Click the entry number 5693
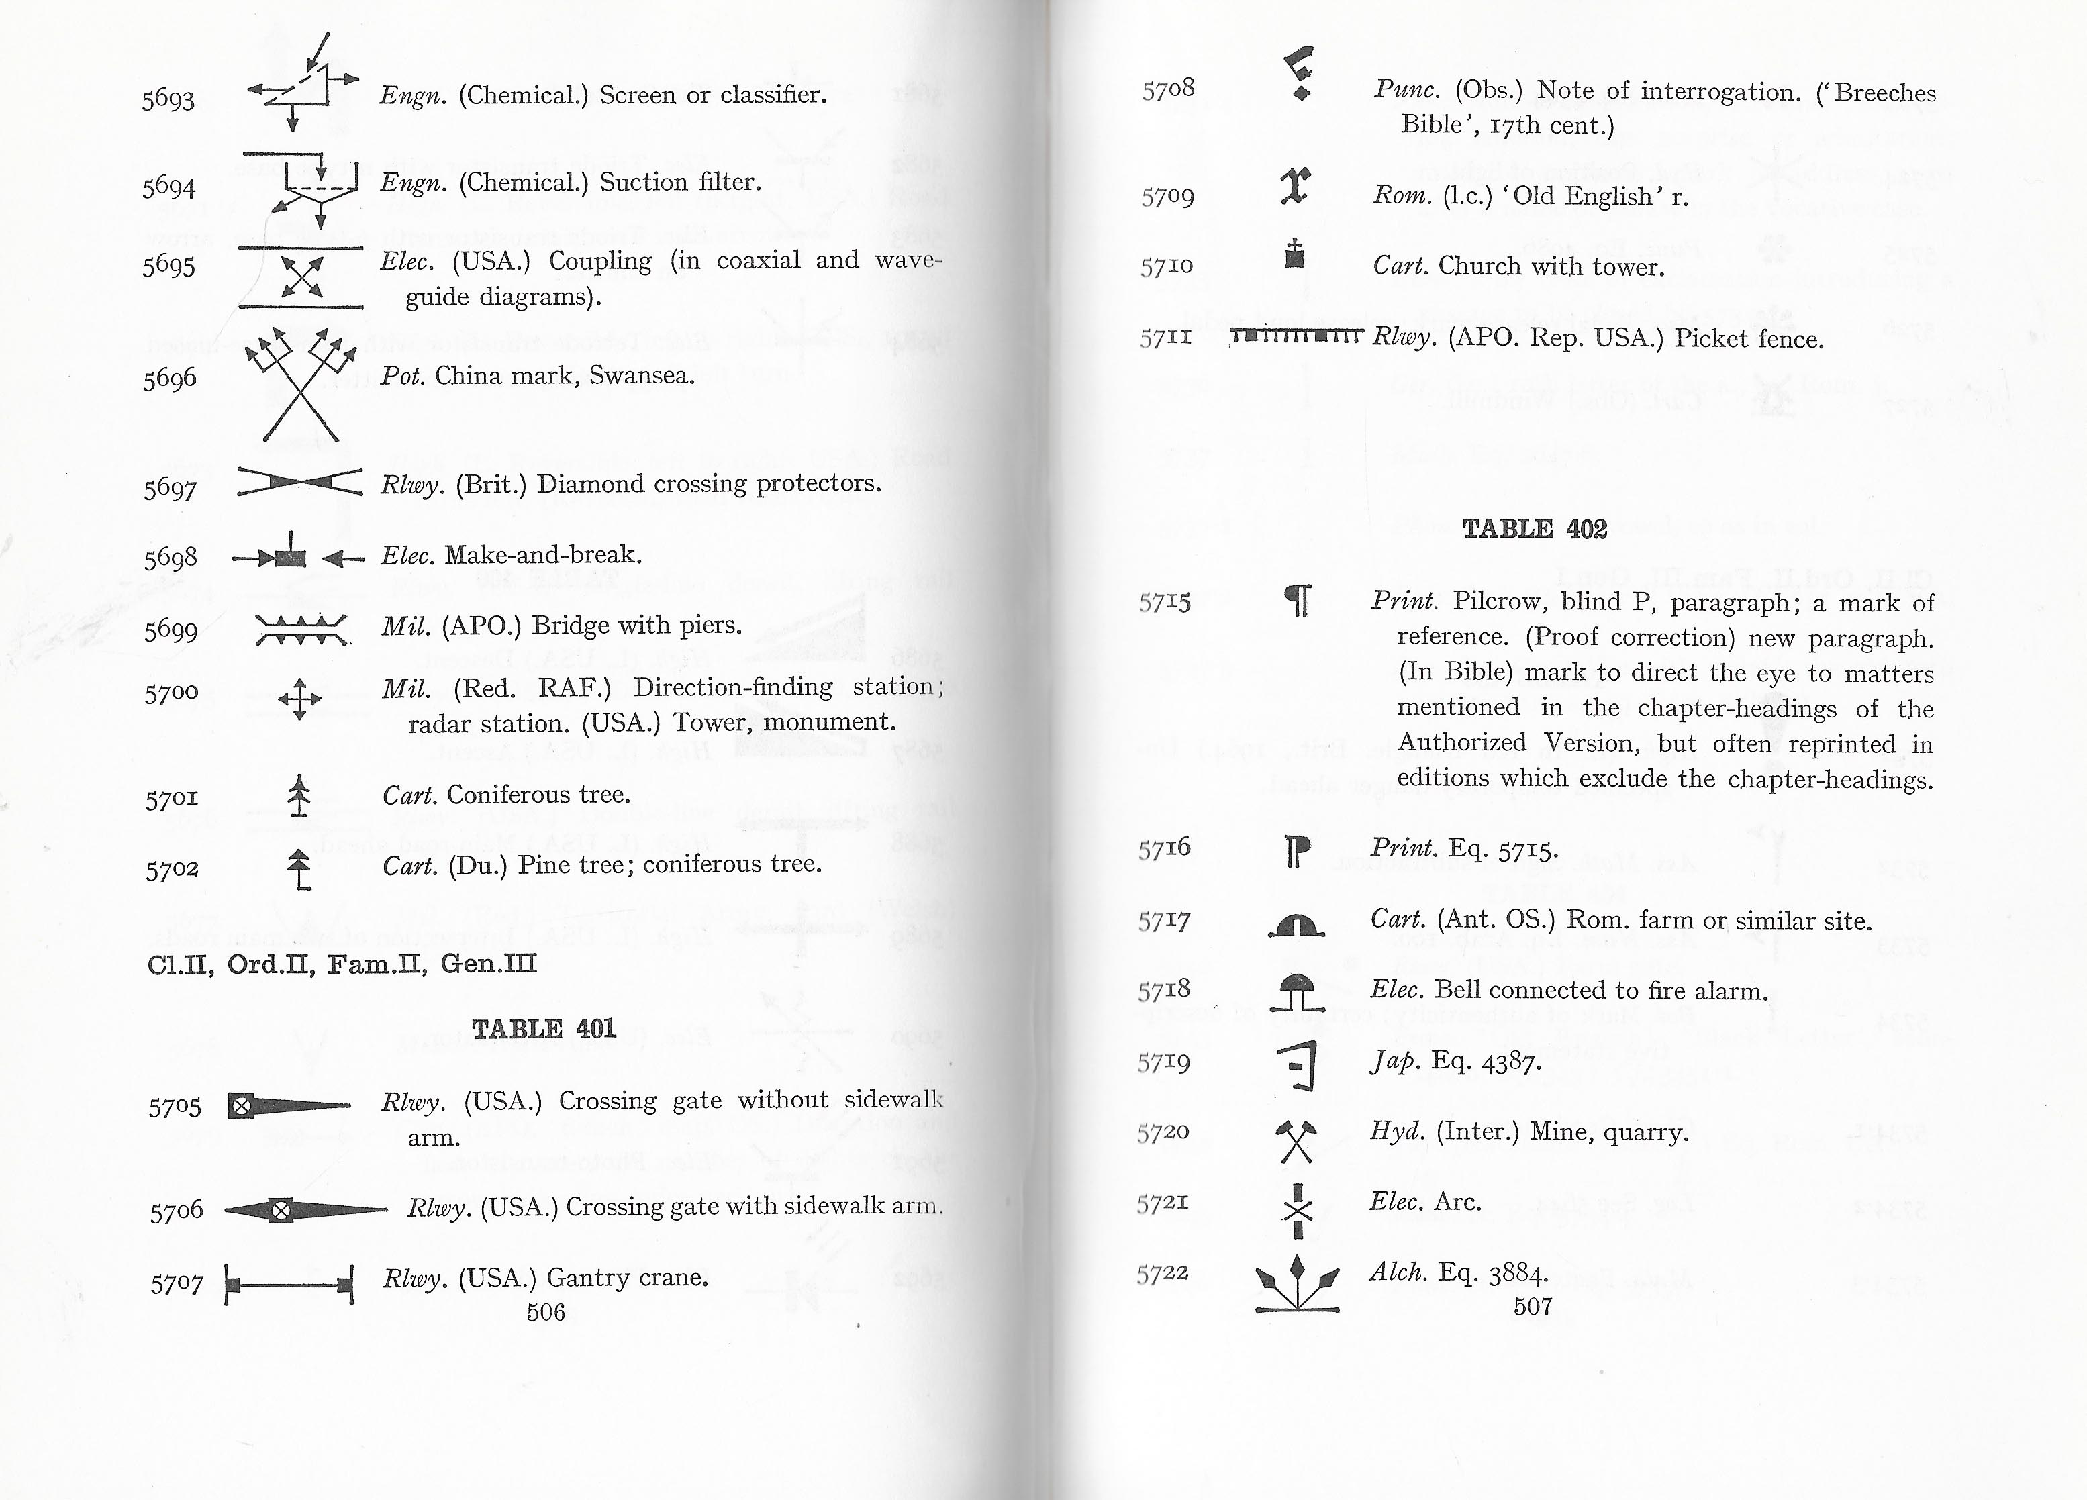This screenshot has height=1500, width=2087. coord(168,99)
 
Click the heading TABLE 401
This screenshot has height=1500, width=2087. coord(543,1029)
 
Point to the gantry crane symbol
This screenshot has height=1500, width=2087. coord(289,1285)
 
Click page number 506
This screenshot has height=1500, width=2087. coord(546,1312)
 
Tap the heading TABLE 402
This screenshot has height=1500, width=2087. coord(1534,529)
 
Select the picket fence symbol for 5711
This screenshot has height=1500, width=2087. coord(1296,335)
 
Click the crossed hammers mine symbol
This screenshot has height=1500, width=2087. coord(1296,1141)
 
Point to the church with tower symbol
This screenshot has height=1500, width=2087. coord(1295,253)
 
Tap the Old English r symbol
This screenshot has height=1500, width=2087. coord(1295,186)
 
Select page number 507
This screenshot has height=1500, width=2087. coord(1532,1307)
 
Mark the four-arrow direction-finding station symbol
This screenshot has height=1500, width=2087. coord(299,699)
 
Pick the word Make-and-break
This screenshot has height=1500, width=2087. coord(543,555)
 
